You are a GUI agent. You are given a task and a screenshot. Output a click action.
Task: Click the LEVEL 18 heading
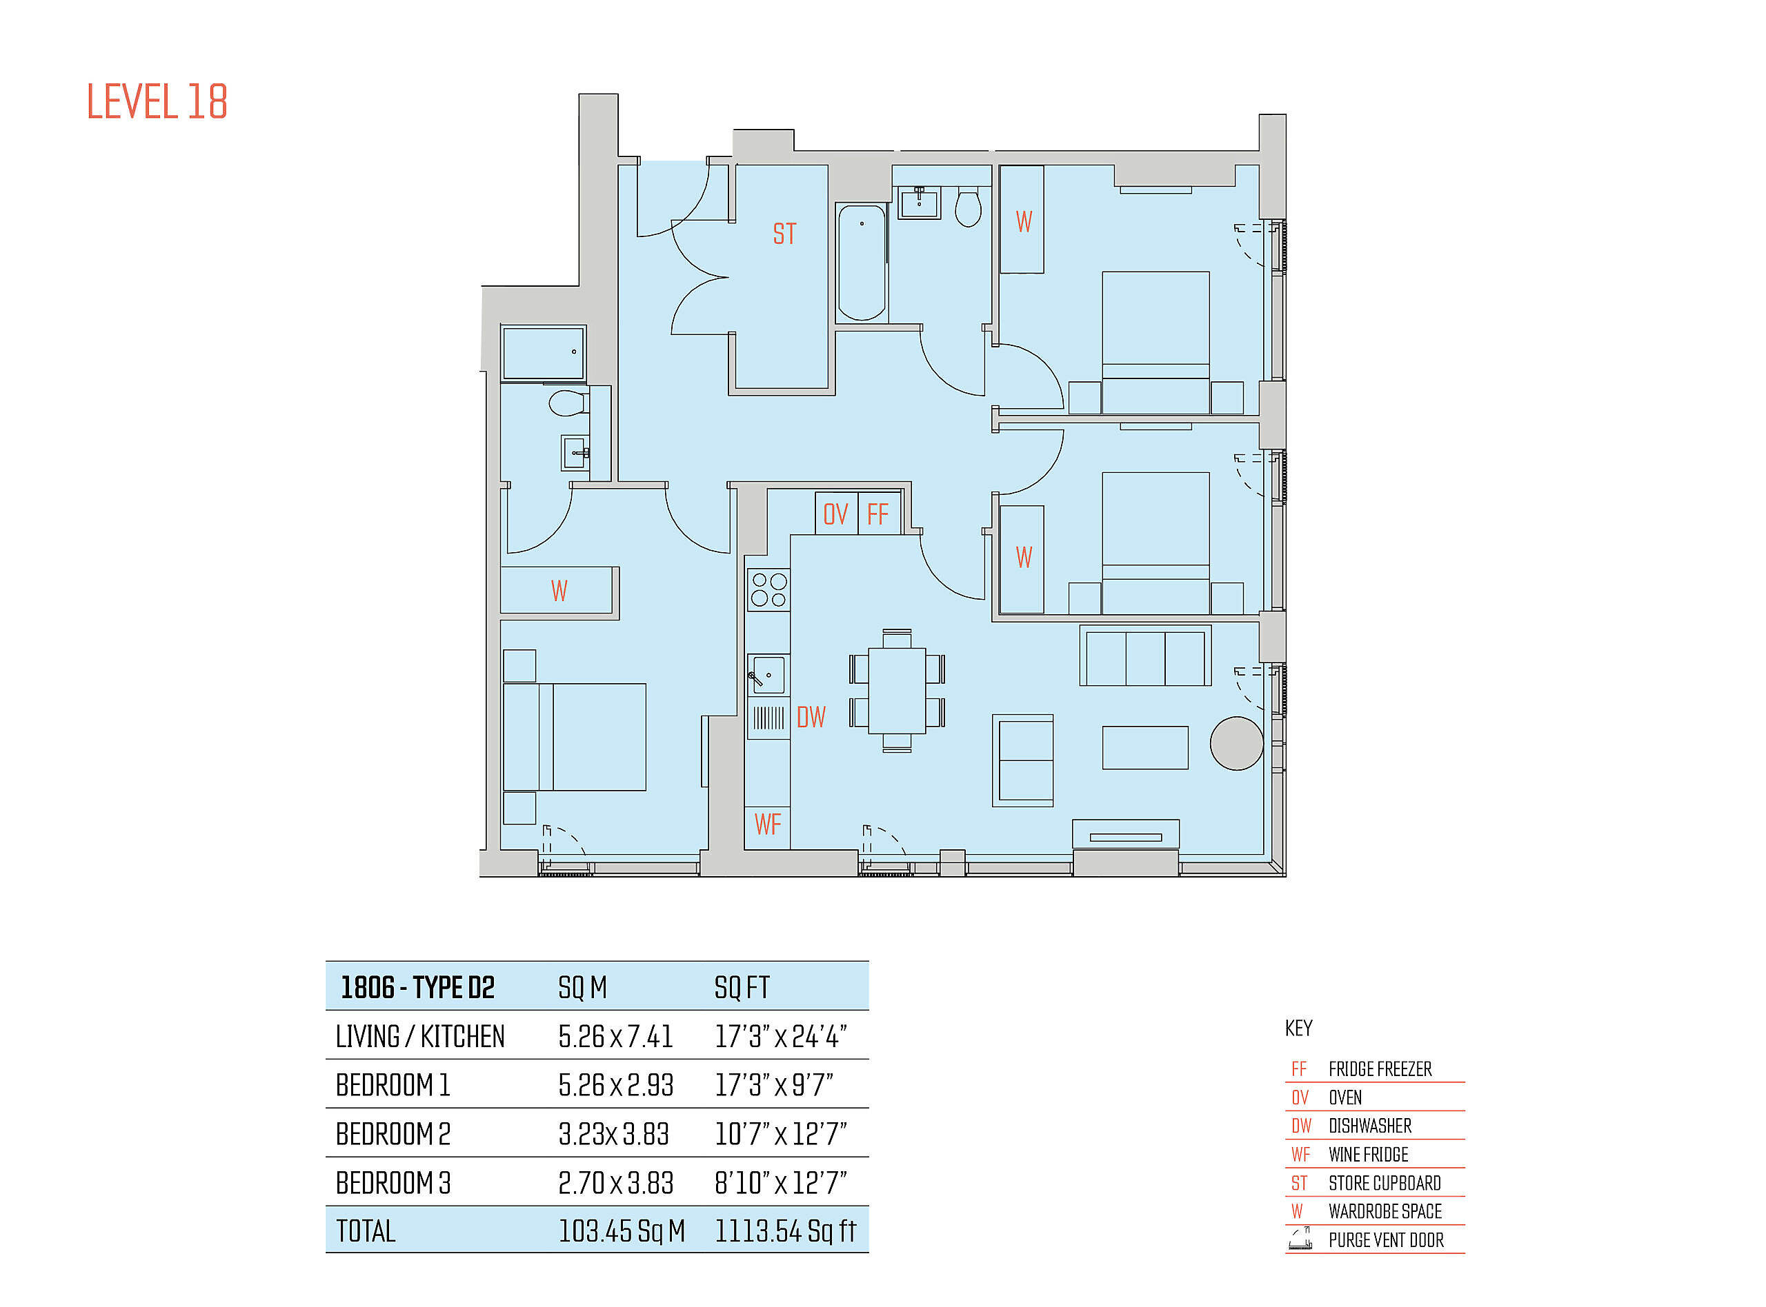(x=157, y=102)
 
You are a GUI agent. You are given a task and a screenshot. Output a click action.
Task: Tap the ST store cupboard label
(x=784, y=234)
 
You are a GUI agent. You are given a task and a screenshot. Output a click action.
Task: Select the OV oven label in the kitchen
(x=835, y=515)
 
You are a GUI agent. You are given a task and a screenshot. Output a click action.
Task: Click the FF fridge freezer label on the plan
(x=878, y=515)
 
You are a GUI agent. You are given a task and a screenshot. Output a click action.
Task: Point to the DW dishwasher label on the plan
(x=811, y=718)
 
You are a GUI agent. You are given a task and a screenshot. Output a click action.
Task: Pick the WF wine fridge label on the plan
(x=768, y=824)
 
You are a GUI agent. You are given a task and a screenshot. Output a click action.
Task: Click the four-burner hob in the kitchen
(x=768, y=590)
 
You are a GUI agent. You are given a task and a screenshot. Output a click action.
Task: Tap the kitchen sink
(x=768, y=675)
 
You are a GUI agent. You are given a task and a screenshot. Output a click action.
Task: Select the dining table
(x=897, y=691)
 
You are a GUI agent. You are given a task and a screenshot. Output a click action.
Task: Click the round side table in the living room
(x=1236, y=744)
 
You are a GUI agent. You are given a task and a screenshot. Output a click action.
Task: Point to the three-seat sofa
(x=1145, y=656)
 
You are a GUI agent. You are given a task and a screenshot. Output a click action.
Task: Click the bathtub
(x=862, y=263)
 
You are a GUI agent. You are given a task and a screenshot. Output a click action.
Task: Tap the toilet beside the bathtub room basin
(x=968, y=208)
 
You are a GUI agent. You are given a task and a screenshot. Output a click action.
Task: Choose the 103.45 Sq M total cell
(x=622, y=1231)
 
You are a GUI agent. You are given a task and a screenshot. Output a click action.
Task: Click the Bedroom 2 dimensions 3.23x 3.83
(x=613, y=1135)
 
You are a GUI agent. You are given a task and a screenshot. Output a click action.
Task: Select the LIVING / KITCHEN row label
(x=419, y=1036)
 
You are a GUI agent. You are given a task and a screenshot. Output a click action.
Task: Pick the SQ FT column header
(x=742, y=987)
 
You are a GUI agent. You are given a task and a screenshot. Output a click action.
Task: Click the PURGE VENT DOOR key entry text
(x=1386, y=1241)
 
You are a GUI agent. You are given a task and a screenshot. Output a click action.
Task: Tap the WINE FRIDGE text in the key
(x=1369, y=1155)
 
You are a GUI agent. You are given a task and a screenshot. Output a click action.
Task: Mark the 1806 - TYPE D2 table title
(x=417, y=987)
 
